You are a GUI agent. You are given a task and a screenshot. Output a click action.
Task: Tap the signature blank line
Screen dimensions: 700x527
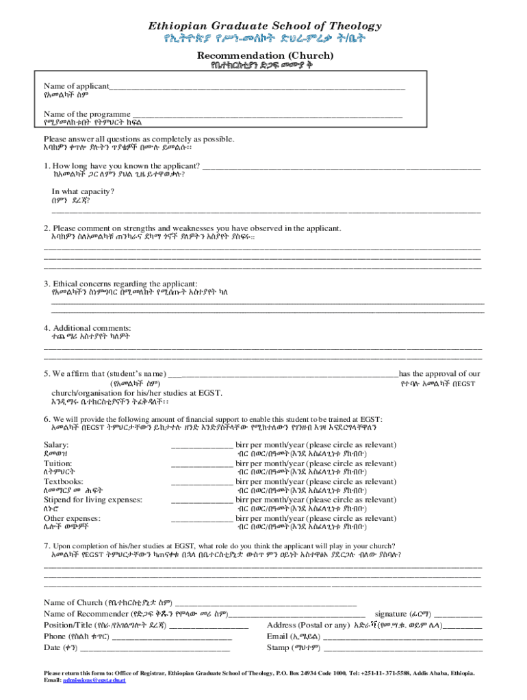tap(457, 615)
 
